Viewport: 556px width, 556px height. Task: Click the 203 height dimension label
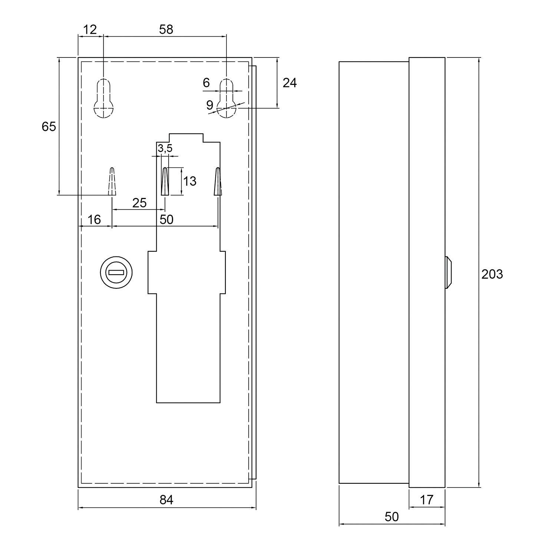pos(492,274)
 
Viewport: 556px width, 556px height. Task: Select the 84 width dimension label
pos(166,500)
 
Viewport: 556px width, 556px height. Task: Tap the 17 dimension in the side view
pos(427,500)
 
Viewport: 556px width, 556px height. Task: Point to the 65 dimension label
pos(49,126)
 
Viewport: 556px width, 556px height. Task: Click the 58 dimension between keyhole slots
pos(166,30)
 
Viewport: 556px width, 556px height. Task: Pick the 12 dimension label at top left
pos(89,30)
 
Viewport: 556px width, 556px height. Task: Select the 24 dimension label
pos(289,83)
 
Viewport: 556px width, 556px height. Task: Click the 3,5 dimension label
pos(165,149)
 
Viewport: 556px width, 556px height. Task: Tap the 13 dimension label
pos(189,181)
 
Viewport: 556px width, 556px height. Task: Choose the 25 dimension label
pos(139,203)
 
